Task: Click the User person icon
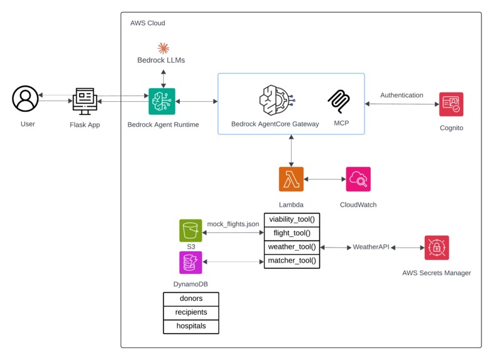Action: click(x=26, y=99)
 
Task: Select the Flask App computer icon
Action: click(x=85, y=100)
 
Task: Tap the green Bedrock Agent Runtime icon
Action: click(x=162, y=101)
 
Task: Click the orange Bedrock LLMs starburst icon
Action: click(x=163, y=48)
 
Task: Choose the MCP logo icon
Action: click(x=339, y=101)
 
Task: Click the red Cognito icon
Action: click(x=451, y=104)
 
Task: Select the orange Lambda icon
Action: click(x=291, y=179)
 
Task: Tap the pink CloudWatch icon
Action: click(x=358, y=179)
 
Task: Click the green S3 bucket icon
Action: click(x=190, y=231)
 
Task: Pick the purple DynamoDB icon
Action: click(x=190, y=262)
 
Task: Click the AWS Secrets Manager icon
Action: click(x=436, y=248)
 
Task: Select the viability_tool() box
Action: click(x=292, y=219)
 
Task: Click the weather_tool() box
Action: click(x=292, y=247)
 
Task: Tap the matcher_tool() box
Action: click(x=292, y=261)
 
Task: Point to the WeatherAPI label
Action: click(x=371, y=248)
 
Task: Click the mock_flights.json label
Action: click(x=233, y=224)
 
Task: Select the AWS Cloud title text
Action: click(x=148, y=23)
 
